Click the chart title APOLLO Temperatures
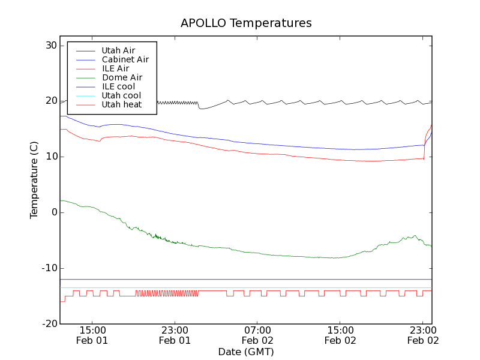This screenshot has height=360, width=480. [x=246, y=23]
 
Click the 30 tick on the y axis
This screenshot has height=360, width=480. [x=50, y=46]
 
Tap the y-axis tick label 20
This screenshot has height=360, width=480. [x=50, y=101]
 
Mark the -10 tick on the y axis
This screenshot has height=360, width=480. [x=49, y=268]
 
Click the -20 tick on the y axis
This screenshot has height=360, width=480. [x=49, y=324]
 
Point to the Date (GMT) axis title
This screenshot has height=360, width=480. [x=246, y=352]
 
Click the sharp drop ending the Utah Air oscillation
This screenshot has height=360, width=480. [x=199, y=106]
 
